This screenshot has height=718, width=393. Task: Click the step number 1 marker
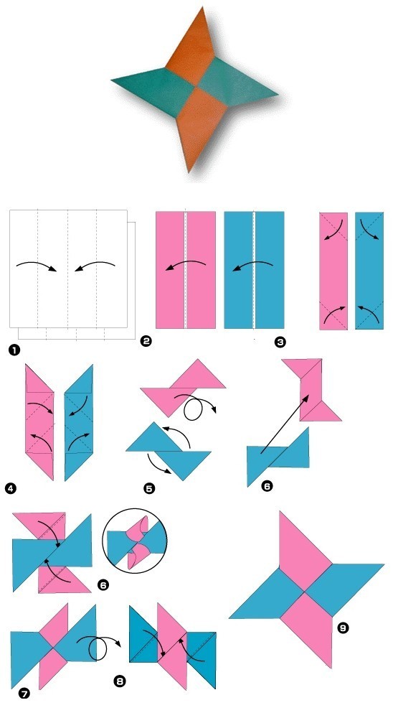click(14, 350)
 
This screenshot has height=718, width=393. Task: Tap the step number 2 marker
click(146, 340)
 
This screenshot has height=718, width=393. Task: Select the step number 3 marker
click(280, 342)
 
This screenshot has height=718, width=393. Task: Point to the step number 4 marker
click(10, 488)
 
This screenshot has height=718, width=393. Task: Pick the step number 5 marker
click(149, 488)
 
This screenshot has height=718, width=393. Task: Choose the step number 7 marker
click(24, 694)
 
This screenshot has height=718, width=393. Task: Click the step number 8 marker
click(119, 681)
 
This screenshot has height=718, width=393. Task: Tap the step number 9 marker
click(343, 628)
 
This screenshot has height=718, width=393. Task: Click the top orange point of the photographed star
click(202, 8)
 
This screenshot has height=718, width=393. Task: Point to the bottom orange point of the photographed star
click(189, 172)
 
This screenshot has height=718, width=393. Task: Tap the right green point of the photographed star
click(278, 95)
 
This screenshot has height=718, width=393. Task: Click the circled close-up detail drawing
click(135, 541)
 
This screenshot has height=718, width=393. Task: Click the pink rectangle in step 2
click(185, 270)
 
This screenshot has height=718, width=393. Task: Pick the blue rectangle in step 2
click(254, 270)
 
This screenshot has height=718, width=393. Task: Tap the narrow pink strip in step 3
click(333, 271)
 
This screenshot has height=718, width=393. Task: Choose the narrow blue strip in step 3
click(369, 271)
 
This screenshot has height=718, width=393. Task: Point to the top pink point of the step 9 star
click(280, 513)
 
